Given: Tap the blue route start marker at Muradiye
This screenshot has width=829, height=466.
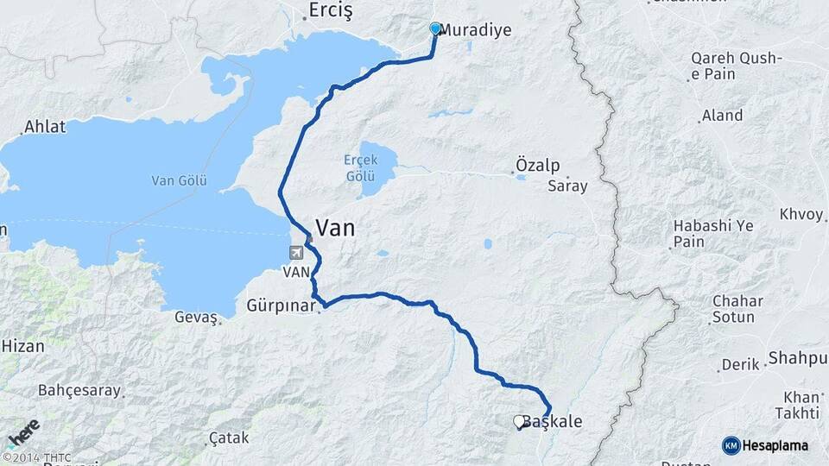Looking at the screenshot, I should coord(435,28).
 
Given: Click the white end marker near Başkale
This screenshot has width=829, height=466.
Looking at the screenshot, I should coord(519,421).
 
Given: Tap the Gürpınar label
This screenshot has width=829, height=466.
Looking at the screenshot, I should coord(282,306).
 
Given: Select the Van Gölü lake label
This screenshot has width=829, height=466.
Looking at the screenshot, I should coord(175,180).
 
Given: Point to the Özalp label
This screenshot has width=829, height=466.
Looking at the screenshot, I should coord(537,165).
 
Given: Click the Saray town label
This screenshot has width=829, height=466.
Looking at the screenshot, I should coord(567,186).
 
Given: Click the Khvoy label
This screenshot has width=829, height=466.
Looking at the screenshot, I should coord(801,214).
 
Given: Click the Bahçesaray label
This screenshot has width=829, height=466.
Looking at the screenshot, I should coord(79,390).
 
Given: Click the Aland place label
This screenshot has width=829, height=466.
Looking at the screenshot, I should coord(722,115).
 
